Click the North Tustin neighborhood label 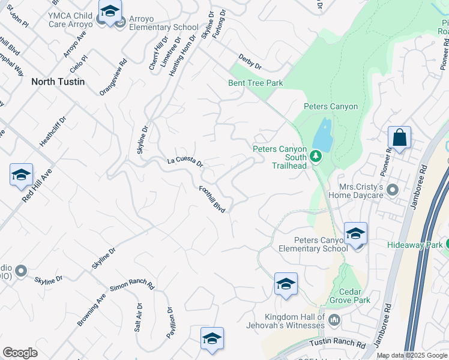point(58,81)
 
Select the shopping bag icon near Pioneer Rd point(399,138)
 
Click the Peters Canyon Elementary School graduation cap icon point(355,233)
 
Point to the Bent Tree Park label point(255,83)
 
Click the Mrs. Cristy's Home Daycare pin point(393,190)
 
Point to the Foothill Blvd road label point(212,199)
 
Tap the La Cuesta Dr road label point(185,162)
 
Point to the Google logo point(20,353)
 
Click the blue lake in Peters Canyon point(323,135)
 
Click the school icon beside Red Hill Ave point(21,175)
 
